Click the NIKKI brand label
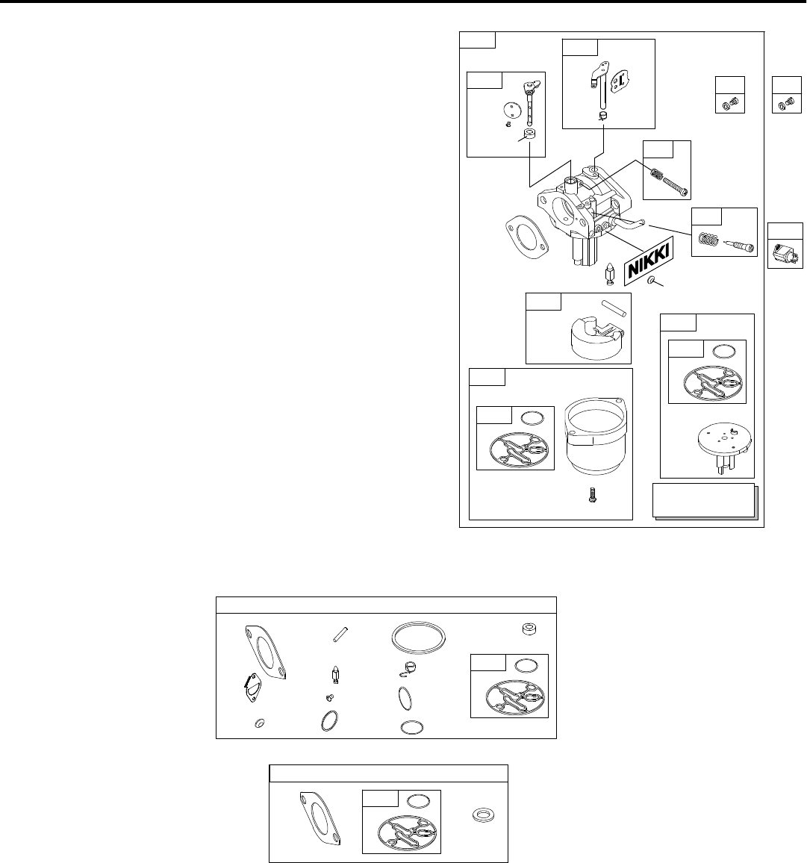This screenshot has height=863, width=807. pos(647,261)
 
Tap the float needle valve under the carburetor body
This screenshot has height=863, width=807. pos(609,275)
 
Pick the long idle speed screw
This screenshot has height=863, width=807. pos(669,183)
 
